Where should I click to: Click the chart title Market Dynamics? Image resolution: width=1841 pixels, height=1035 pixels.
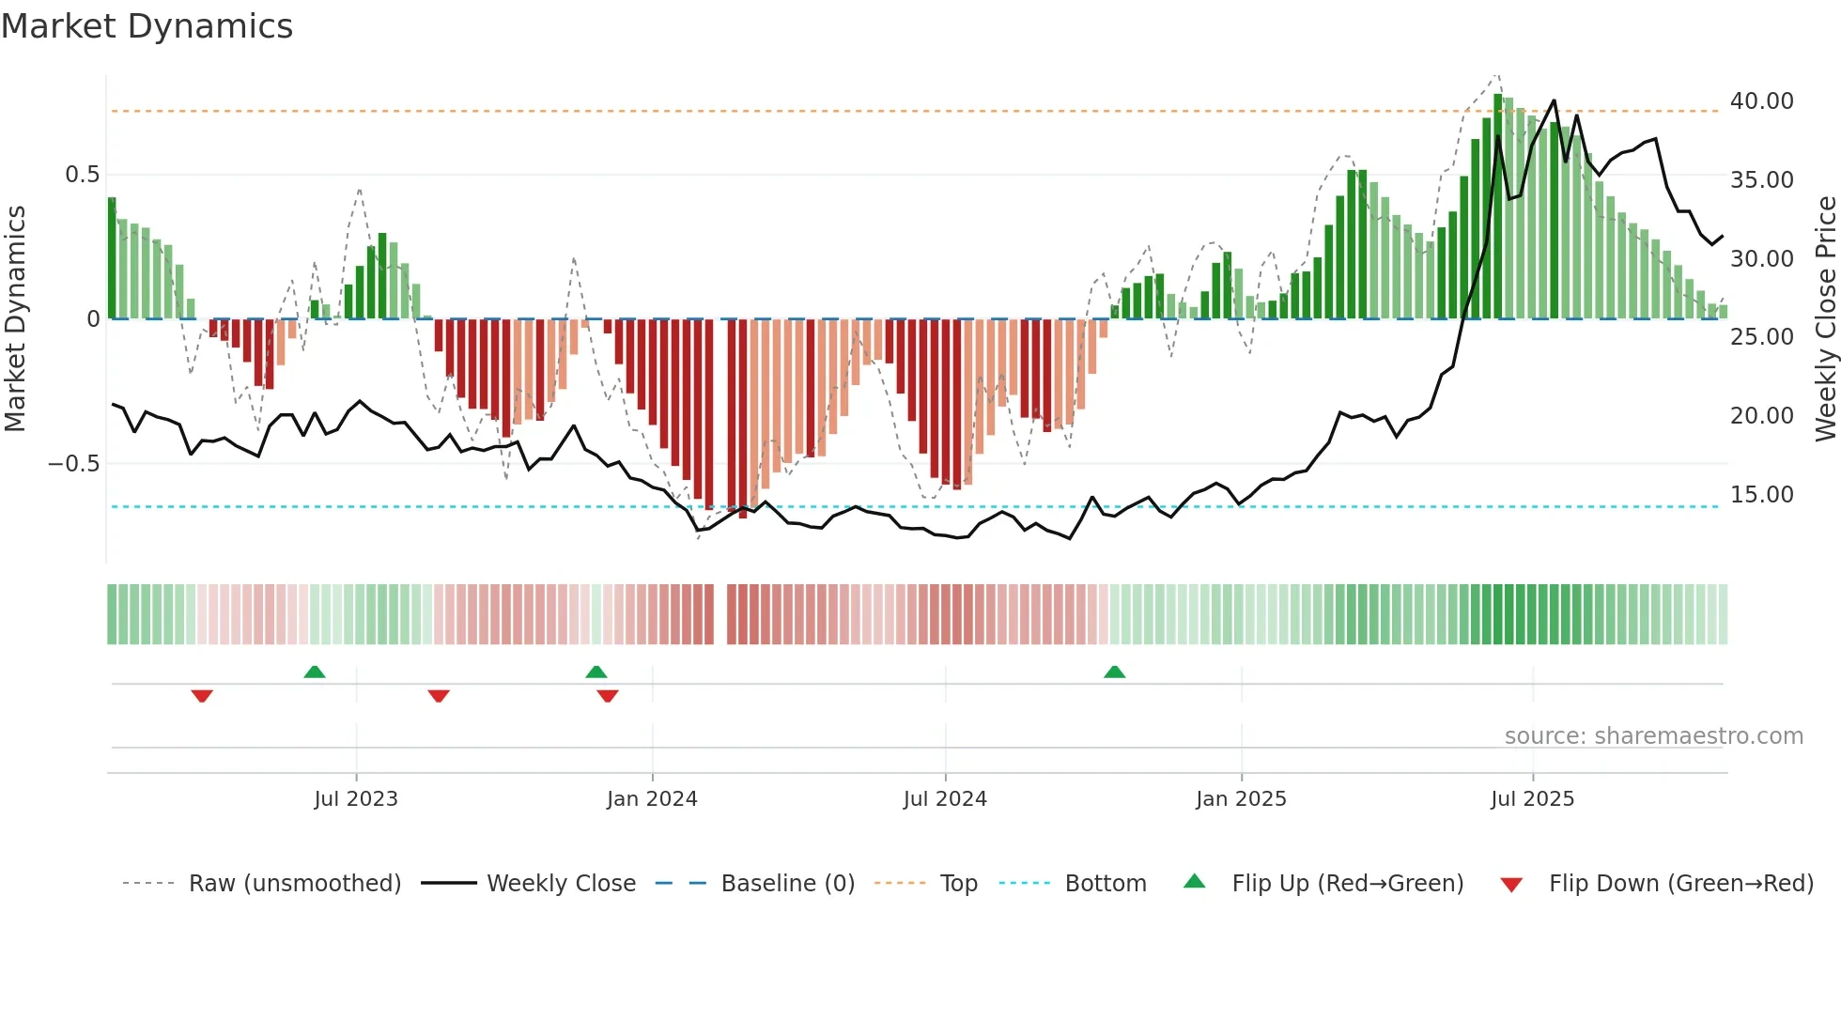[x=147, y=26]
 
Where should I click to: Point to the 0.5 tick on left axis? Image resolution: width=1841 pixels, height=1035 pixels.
[x=82, y=175]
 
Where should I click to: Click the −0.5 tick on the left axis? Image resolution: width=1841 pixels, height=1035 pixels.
[x=73, y=464]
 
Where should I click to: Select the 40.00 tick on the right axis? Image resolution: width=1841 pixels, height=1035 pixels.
[x=1761, y=101]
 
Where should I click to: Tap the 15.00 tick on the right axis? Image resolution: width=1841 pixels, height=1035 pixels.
[x=1761, y=495]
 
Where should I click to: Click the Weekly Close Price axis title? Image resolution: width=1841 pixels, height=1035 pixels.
[x=1825, y=318]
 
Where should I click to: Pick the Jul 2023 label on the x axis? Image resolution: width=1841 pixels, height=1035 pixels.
[x=356, y=799]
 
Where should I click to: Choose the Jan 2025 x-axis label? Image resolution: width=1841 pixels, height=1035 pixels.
[x=1241, y=799]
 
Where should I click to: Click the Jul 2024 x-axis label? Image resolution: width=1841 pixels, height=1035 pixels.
[x=945, y=799]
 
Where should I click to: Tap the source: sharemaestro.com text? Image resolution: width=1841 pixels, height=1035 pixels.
[x=1653, y=736]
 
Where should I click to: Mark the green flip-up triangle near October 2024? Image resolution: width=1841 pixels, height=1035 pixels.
[x=1114, y=672]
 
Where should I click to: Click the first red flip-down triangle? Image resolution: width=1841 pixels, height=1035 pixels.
[x=202, y=696]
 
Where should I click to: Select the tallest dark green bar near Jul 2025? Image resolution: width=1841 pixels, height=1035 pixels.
[x=1498, y=207]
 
